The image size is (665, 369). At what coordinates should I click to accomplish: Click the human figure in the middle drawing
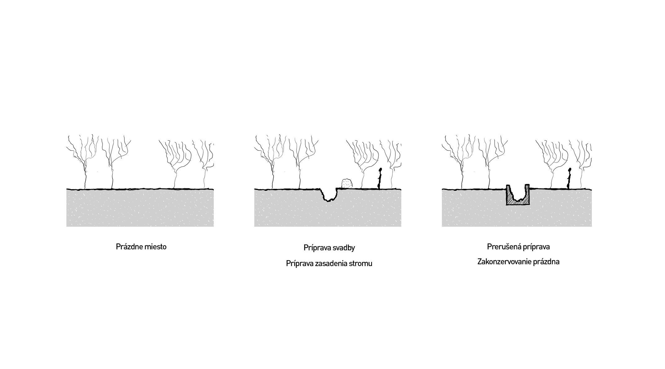[379, 178]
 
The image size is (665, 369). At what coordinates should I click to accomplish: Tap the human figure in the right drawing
[569, 178]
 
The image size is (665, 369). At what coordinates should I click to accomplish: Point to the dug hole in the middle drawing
[329, 194]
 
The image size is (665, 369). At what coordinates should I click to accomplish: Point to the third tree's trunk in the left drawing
[175, 179]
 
